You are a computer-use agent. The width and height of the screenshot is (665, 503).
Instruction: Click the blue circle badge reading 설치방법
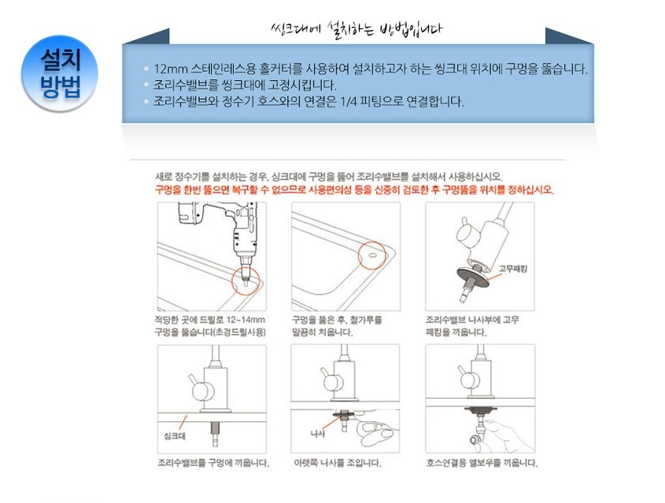(x=59, y=73)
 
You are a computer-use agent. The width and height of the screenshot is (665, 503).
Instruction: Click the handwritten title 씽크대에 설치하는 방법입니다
(x=356, y=30)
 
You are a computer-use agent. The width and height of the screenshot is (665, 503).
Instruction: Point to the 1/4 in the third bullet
(x=349, y=101)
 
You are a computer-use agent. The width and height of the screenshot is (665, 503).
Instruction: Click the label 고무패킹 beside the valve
(x=513, y=269)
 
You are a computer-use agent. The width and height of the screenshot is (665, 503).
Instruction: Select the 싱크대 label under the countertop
(x=174, y=436)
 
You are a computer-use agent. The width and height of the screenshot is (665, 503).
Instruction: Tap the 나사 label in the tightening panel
(x=318, y=434)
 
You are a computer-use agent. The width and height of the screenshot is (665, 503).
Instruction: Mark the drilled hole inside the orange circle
(x=371, y=255)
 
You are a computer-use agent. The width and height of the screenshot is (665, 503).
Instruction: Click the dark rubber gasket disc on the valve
(x=472, y=277)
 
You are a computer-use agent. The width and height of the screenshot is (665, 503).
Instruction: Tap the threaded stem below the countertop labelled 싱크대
(x=215, y=433)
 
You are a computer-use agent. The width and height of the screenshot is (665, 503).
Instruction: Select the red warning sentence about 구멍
(x=355, y=189)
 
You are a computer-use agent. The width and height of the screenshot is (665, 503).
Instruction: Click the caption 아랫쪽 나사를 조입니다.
(x=338, y=463)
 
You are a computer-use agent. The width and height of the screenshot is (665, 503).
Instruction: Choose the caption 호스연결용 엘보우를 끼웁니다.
(x=482, y=463)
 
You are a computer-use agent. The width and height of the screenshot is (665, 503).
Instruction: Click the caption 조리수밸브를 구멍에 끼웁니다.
(x=213, y=463)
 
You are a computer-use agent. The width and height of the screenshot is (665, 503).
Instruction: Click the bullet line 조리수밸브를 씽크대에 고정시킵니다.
(x=245, y=85)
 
